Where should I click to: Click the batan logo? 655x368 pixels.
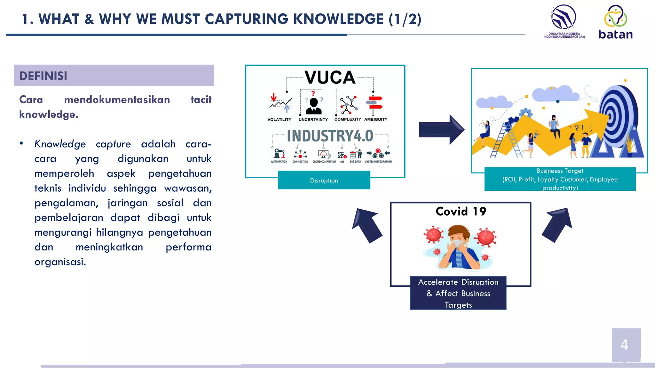coord(615,22)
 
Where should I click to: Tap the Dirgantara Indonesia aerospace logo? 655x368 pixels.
coord(564,21)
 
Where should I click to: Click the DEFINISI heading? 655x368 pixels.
coord(43,76)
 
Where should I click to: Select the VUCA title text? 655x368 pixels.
coord(330,78)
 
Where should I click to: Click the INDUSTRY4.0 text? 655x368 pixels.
coord(330,136)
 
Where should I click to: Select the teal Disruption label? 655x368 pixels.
coord(324,180)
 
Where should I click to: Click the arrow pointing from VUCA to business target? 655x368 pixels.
coord(441,130)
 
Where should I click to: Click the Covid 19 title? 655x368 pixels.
coord(461,211)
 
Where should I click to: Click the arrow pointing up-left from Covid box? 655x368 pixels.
coord(367,225)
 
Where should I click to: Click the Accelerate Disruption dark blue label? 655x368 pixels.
coord(458,293)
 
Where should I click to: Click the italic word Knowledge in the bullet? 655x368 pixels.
coord(60,144)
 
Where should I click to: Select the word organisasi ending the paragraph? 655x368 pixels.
coord(60,262)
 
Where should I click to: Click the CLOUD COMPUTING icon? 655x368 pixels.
coord(324,155)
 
